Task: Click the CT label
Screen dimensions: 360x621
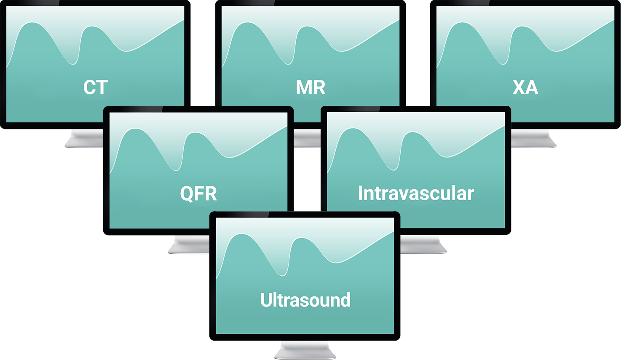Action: pyautogui.click(x=96, y=88)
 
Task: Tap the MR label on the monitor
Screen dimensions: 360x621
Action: pyautogui.click(x=310, y=88)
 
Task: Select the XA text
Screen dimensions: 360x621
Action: pyautogui.click(x=525, y=88)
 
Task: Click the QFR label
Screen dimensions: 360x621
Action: pyautogui.click(x=198, y=194)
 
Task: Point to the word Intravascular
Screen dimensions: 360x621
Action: pyautogui.click(x=416, y=194)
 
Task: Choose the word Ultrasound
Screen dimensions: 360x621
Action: pyautogui.click(x=305, y=300)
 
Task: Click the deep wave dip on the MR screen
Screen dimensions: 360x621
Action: pyautogui.click(x=288, y=64)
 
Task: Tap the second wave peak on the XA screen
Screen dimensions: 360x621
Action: pyautogui.click(x=522, y=27)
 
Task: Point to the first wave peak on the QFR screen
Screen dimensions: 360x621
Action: pyautogui.click(x=135, y=129)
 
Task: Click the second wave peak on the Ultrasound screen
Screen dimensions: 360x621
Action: pyautogui.click(x=302, y=239)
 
